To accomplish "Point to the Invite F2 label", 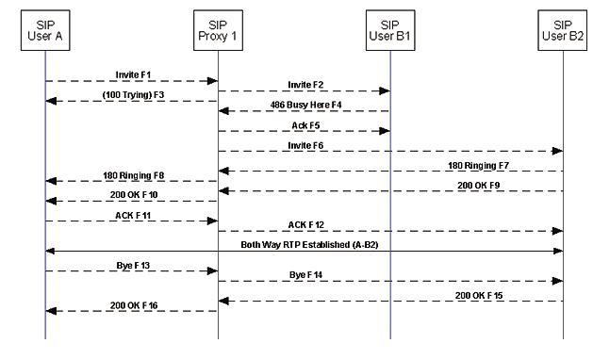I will pyautogui.click(x=304, y=83).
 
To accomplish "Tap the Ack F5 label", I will pyautogui.click(x=304, y=123).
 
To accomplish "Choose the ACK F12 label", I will pyautogui.click(x=304, y=223).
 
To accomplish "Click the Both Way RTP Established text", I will pyautogui.click(x=304, y=244).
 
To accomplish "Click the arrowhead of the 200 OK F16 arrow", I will pyautogui.click(x=49, y=310).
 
